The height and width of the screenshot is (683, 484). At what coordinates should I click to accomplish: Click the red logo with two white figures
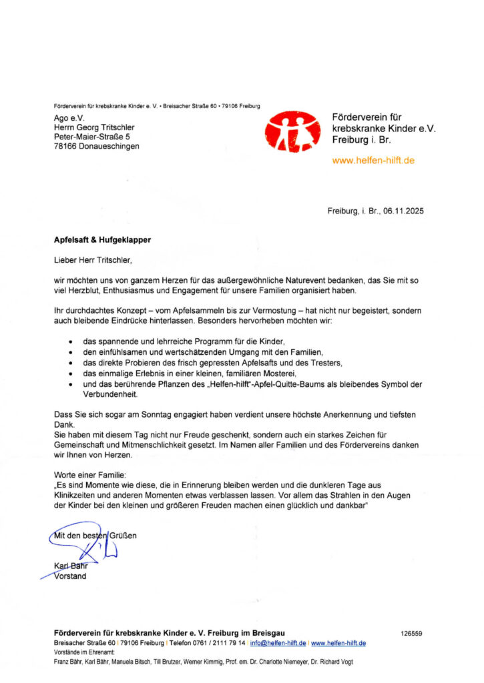coord(292,131)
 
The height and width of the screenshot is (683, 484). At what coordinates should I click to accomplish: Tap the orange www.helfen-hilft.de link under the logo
coord(373,161)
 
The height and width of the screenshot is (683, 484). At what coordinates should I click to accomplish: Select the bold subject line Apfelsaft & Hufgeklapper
coord(102,238)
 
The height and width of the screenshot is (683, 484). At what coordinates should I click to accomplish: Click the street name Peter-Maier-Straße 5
coord(92,136)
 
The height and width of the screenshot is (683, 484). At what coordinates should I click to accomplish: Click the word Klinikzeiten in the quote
coord(77,496)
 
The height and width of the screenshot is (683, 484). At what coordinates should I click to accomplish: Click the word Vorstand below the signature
coord(69,576)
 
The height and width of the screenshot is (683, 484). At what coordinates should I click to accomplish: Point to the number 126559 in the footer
coord(411,633)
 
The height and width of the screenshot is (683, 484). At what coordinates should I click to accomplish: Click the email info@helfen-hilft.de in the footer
coord(278,643)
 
